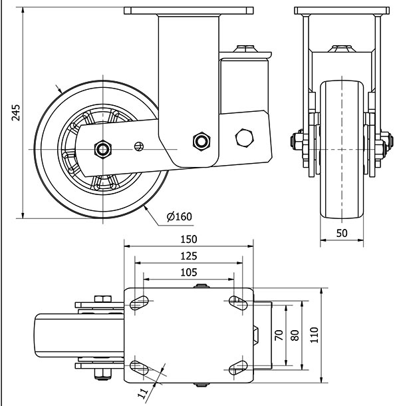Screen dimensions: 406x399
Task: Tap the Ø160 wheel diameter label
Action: [x=179, y=216]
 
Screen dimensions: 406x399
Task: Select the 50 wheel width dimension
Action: [x=342, y=232]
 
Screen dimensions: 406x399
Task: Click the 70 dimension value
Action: [x=279, y=335]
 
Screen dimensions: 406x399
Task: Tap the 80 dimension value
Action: [x=296, y=335]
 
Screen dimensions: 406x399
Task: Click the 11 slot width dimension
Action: [x=142, y=393]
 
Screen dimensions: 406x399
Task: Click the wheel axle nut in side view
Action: [x=102, y=148]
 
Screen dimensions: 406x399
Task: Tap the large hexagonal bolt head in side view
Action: [x=244, y=137]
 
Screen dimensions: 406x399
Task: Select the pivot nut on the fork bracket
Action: [x=200, y=140]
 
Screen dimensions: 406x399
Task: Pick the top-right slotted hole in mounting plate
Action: [x=236, y=302]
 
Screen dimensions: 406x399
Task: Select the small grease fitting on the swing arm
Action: [x=139, y=146]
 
